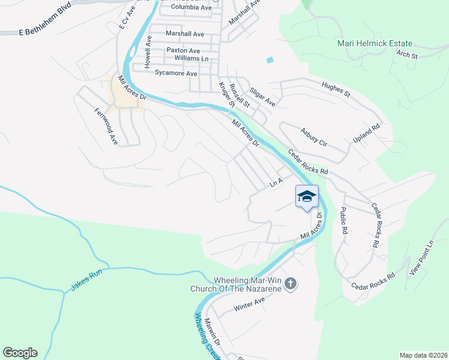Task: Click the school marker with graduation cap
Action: (307, 197)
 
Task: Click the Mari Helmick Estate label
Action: (374, 44)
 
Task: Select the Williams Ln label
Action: (191, 59)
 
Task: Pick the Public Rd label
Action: (343, 220)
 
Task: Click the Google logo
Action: (20, 353)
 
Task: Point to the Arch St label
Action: (406, 55)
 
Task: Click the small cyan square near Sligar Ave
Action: (270, 60)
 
